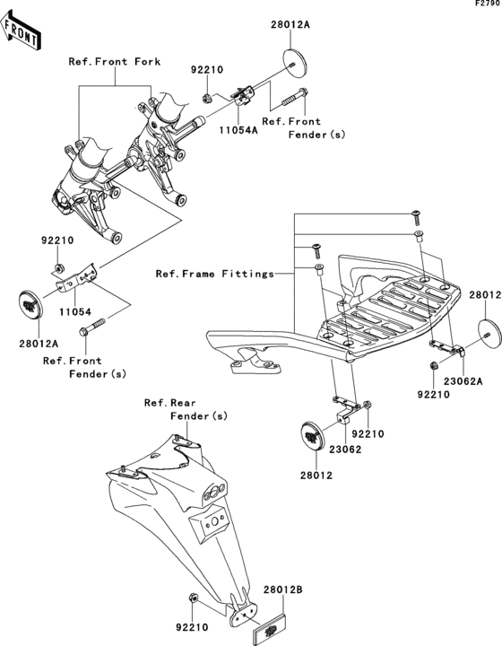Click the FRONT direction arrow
20,31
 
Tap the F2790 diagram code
488,4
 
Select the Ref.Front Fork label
115,62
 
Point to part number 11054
74,312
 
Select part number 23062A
463,381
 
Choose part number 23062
345,450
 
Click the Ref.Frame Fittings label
215,274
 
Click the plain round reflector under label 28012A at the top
296,63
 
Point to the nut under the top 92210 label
206,98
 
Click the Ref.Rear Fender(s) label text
186,409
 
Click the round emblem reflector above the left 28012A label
30,304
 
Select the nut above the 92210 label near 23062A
433,365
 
